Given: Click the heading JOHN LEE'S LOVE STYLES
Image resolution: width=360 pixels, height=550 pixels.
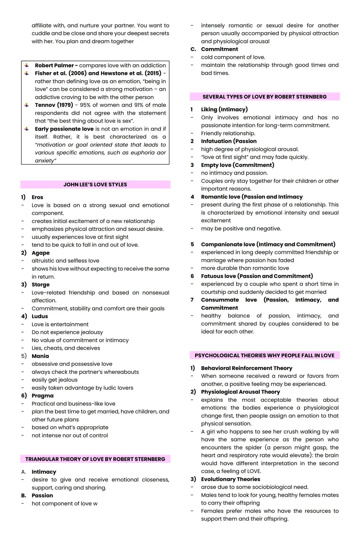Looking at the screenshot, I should coord(95,185).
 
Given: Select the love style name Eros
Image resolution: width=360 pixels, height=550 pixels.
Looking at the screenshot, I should coord(37,197).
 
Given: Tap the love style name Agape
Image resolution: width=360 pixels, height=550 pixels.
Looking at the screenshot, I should coord(41,253).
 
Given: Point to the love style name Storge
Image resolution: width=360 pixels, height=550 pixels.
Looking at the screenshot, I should coord(41,284).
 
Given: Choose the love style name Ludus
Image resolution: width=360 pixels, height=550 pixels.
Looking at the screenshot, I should coord(40,316).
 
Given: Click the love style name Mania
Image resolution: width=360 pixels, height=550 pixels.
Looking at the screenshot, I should coord(40,356).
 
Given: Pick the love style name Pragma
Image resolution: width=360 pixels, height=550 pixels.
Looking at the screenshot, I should coord(42,395).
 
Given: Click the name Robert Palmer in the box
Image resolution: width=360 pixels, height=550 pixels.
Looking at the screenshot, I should coord(54,65).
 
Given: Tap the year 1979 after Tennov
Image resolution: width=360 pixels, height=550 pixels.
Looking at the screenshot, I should coord(65,105).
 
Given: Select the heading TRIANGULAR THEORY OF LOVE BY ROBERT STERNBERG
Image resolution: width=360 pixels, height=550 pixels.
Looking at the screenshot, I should coord(95,459).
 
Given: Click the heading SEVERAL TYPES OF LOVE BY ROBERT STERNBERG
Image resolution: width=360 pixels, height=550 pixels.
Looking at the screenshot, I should coord(264,97).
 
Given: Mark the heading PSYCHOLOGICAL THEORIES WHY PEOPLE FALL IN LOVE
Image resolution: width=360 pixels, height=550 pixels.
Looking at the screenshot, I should coord(264,355).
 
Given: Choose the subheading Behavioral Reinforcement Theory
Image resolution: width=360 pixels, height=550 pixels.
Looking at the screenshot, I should coord(246,368).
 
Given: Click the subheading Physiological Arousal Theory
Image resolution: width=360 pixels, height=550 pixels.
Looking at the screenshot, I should coord(240,392).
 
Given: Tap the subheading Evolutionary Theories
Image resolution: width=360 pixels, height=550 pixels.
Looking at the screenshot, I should coord(230,479).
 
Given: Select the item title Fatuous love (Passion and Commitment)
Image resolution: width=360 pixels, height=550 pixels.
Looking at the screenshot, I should coord(257,276).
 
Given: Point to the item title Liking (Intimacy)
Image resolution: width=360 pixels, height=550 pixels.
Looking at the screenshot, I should coord(224,109).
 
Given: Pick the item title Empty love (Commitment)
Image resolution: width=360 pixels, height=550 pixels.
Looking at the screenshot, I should coord(237,165).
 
